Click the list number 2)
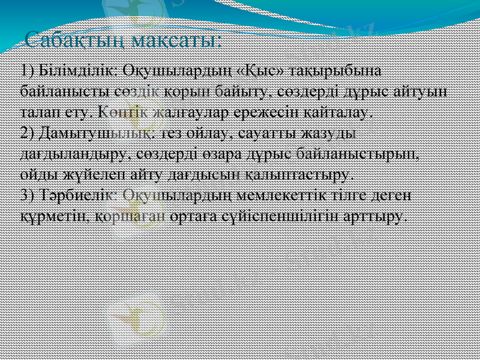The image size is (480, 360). tap(28, 133)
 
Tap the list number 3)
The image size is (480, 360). tap(28, 196)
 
